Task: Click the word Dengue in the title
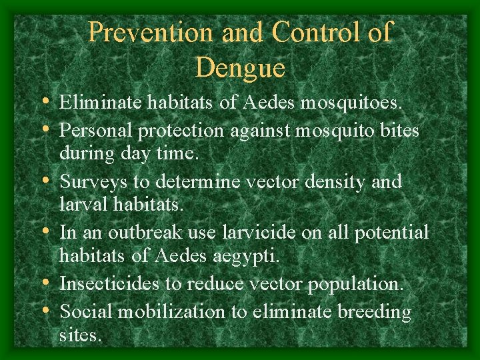(x=241, y=67)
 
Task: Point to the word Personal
(x=96, y=131)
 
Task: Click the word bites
(x=399, y=131)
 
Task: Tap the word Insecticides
(x=109, y=284)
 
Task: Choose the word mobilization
(x=171, y=311)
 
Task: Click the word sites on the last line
(x=81, y=335)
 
